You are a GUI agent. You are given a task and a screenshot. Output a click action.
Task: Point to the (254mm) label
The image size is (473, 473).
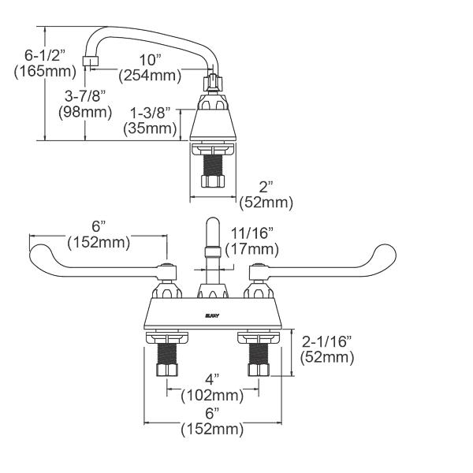tap(150, 76)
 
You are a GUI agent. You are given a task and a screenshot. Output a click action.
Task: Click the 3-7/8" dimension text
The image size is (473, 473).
tap(83, 96)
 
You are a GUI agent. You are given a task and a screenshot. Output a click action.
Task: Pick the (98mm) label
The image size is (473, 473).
tap(83, 111)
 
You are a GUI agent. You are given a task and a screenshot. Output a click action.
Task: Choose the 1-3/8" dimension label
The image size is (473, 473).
tap(150, 114)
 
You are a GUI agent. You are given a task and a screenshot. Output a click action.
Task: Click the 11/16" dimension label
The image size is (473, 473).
tap(250, 233)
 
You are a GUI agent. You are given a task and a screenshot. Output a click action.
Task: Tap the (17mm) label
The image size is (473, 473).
tap(251, 249)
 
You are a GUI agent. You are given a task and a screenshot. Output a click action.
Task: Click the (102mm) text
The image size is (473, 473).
tap(212, 395)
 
